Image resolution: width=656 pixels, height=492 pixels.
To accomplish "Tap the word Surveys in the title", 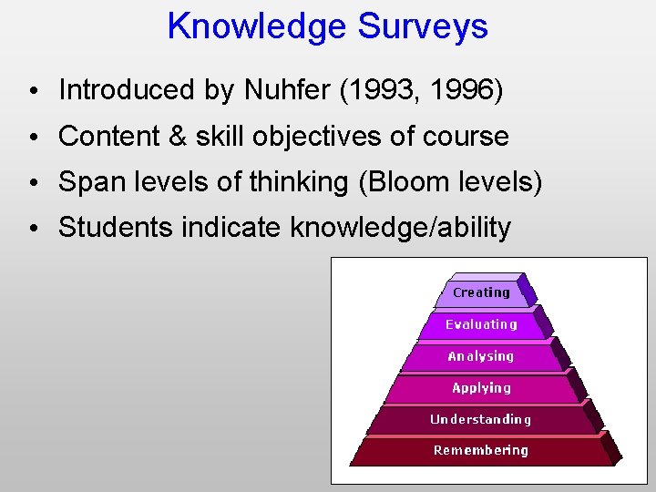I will (x=422, y=26).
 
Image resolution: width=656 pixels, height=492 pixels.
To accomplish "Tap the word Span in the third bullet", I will (x=88, y=182).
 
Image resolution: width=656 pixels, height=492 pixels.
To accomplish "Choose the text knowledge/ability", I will (x=400, y=228).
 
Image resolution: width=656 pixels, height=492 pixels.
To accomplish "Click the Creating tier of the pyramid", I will (x=481, y=292).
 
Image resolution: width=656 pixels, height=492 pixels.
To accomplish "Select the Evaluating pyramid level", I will (x=481, y=324).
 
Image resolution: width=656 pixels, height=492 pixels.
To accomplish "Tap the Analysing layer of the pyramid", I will (x=481, y=356).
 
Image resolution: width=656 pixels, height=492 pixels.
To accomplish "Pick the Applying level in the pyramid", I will (x=481, y=388).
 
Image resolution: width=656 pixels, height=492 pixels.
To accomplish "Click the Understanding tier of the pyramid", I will (x=481, y=420).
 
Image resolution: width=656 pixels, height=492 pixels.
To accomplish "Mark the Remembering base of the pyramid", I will (x=481, y=450).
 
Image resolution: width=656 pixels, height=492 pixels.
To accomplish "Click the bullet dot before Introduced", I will (x=32, y=92).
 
